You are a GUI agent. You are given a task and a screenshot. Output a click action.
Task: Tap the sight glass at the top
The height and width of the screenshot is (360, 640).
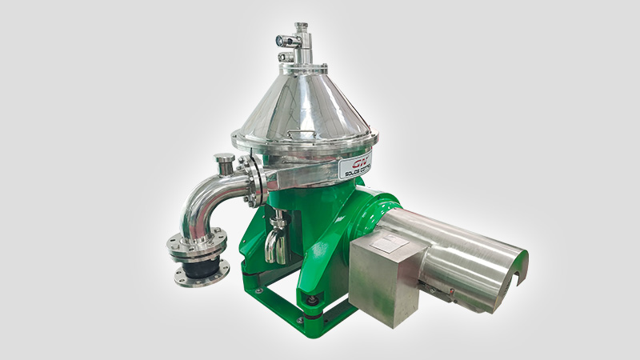click(281, 40)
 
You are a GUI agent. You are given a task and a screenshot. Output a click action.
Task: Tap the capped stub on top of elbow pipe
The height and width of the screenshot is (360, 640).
click(225, 163)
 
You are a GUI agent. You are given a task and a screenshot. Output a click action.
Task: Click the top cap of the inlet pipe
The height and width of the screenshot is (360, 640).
click(301, 29)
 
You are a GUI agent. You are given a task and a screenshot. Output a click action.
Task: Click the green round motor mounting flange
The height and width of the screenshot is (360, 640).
click(376, 212)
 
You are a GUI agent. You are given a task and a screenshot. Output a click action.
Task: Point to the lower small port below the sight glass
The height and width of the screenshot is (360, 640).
click(284, 57)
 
